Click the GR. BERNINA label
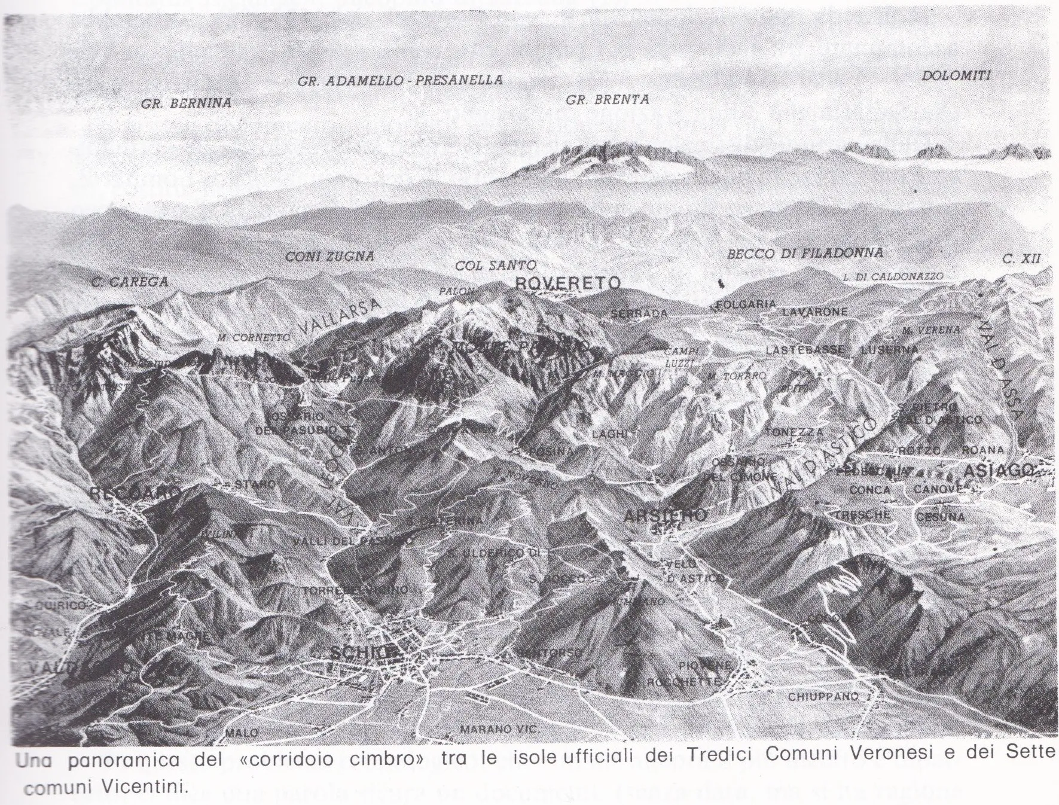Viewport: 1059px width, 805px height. (186, 103)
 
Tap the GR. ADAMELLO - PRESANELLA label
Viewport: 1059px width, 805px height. (400, 80)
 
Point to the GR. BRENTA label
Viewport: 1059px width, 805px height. (607, 100)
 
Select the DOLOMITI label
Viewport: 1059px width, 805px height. (956, 76)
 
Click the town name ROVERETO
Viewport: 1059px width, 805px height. (567, 283)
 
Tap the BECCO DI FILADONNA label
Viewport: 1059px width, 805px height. (805, 254)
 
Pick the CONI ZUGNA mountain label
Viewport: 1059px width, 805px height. (329, 257)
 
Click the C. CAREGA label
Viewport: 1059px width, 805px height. (130, 282)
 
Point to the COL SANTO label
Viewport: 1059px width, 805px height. (495, 265)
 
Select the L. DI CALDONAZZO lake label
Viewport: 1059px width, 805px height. (893, 277)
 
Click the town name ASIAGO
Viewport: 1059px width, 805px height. (999, 471)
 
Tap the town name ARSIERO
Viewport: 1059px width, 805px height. (664, 515)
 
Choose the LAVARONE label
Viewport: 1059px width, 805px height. (814, 312)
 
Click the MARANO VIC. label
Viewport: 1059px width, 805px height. (499, 729)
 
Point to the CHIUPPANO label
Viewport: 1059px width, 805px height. (823, 697)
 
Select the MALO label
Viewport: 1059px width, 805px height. (242, 733)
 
